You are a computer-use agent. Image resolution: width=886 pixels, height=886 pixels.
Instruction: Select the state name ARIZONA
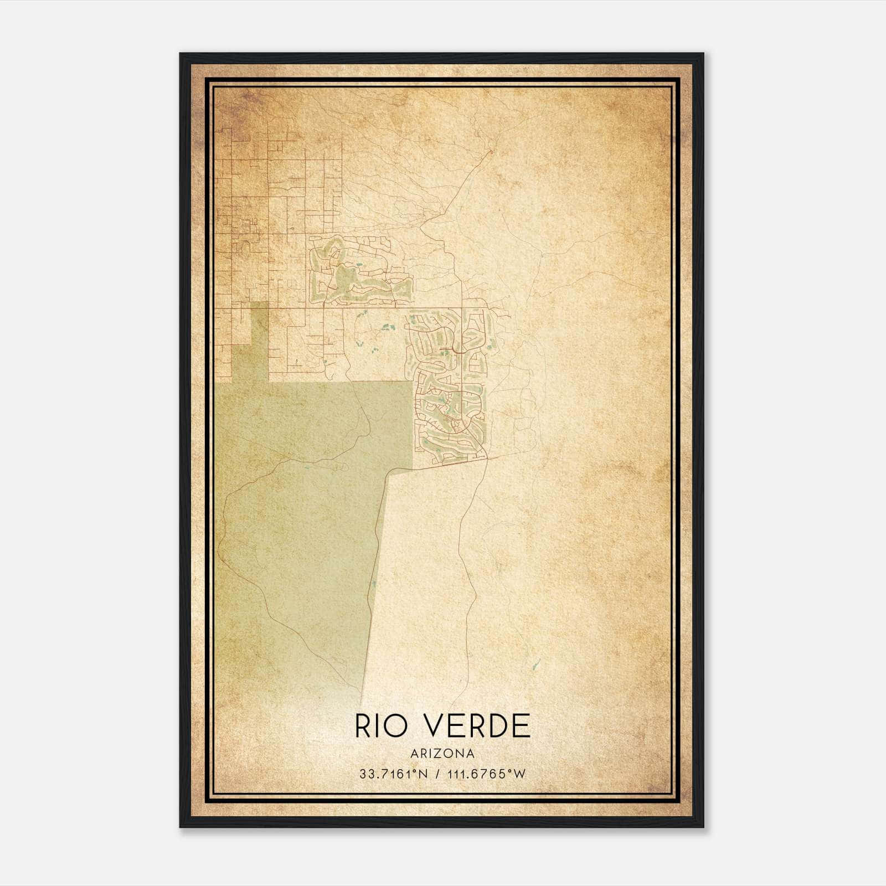point(442,754)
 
